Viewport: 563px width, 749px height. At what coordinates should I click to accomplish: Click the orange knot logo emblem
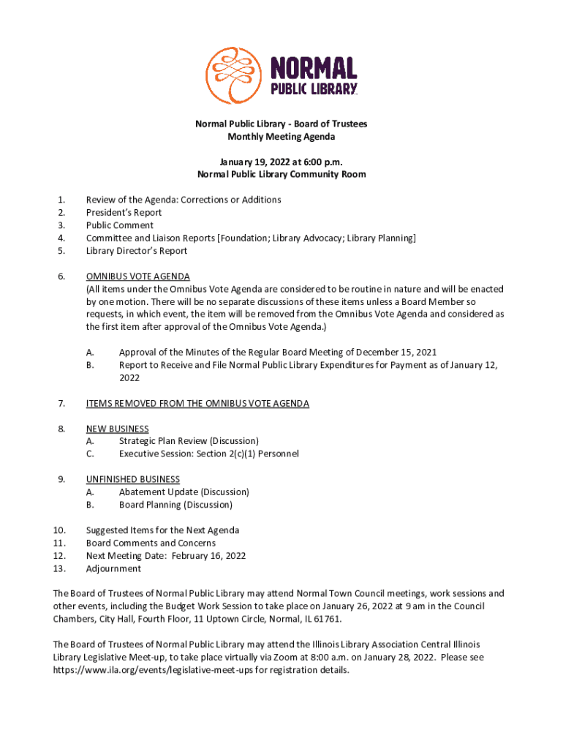(x=233, y=75)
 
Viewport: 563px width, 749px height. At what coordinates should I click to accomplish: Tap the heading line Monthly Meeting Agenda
(x=281, y=137)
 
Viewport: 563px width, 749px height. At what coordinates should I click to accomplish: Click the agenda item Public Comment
(x=120, y=225)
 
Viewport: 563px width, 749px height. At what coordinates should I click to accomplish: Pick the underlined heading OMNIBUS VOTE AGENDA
(x=138, y=276)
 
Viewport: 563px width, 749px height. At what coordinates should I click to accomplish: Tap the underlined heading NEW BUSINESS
(x=118, y=429)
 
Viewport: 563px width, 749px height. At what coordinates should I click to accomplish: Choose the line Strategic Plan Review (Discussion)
(x=189, y=441)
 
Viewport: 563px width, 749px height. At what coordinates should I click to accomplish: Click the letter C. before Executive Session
(x=90, y=453)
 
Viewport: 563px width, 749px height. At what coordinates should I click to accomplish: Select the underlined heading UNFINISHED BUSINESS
(x=133, y=479)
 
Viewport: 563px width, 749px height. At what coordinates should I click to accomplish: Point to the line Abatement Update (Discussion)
(x=184, y=492)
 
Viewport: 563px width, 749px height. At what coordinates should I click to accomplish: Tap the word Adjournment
(x=114, y=568)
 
